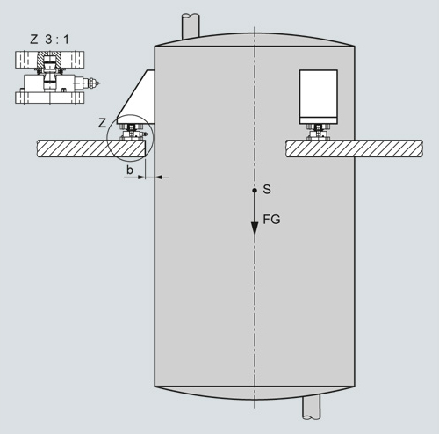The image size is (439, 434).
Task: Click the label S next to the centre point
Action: [267, 190]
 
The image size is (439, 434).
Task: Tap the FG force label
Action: [271, 220]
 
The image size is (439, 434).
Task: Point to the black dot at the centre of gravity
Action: [255, 191]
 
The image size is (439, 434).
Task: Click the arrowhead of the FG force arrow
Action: [255, 228]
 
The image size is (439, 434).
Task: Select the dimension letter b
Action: [130, 170]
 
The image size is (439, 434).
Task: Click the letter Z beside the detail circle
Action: [102, 123]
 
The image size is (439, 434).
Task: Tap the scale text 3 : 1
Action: [57, 40]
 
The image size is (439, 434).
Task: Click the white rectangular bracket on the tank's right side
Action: [319, 97]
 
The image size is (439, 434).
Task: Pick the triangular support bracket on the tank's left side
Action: [136, 98]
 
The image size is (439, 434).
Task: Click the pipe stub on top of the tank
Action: [191, 25]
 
